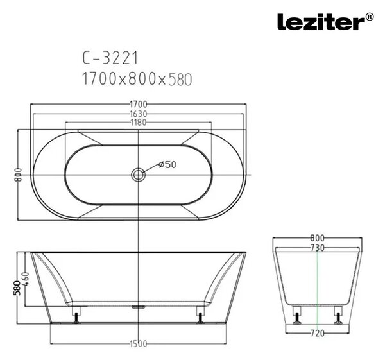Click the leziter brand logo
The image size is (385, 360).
pyautogui.click(x=321, y=22)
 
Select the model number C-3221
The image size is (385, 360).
pyautogui.click(x=110, y=58)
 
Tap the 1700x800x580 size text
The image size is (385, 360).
pyautogui.click(x=137, y=79)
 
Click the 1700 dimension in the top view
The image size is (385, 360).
pyautogui.click(x=138, y=105)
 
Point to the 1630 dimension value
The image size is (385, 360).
pyautogui.click(x=138, y=114)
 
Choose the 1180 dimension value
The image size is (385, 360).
pyautogui.click(x=138, y=123)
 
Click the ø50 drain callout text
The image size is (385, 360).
pyautogui.click(x=167, y=164)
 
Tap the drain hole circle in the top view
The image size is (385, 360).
pyautogui.click(x=138, y=175)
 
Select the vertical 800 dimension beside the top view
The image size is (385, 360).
pyautogui.click(x=18, y=175)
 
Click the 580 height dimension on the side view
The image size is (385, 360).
pyautogui.click(x=17, y=287)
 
